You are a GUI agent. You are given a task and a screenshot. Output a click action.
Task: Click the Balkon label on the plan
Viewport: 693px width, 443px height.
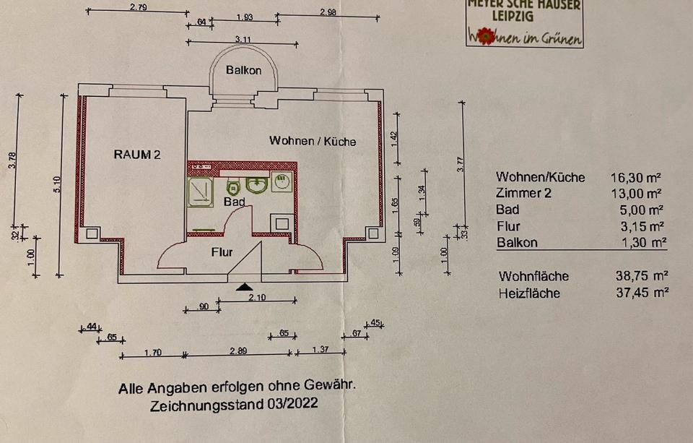(x=243, y=70)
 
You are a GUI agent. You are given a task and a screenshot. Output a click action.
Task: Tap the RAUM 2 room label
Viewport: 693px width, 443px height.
(x=136, y=154)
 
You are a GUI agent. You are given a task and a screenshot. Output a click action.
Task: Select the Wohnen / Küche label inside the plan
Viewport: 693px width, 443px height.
(x=312, y=141)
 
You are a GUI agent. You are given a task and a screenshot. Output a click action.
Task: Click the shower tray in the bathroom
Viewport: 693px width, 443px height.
(x=201, y=192)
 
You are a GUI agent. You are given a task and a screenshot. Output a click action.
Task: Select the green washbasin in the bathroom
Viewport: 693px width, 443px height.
(x=257, y=186)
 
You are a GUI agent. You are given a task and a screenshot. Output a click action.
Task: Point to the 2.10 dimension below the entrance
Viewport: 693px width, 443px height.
(x=256, y=297)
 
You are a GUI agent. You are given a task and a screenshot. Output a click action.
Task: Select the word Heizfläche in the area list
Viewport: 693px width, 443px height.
(x=528, y=293)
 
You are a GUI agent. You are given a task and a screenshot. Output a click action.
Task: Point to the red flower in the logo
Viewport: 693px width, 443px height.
(x=482, y=36)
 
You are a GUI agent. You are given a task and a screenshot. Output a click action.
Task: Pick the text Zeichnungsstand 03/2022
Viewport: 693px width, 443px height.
(x=233, y=406)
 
